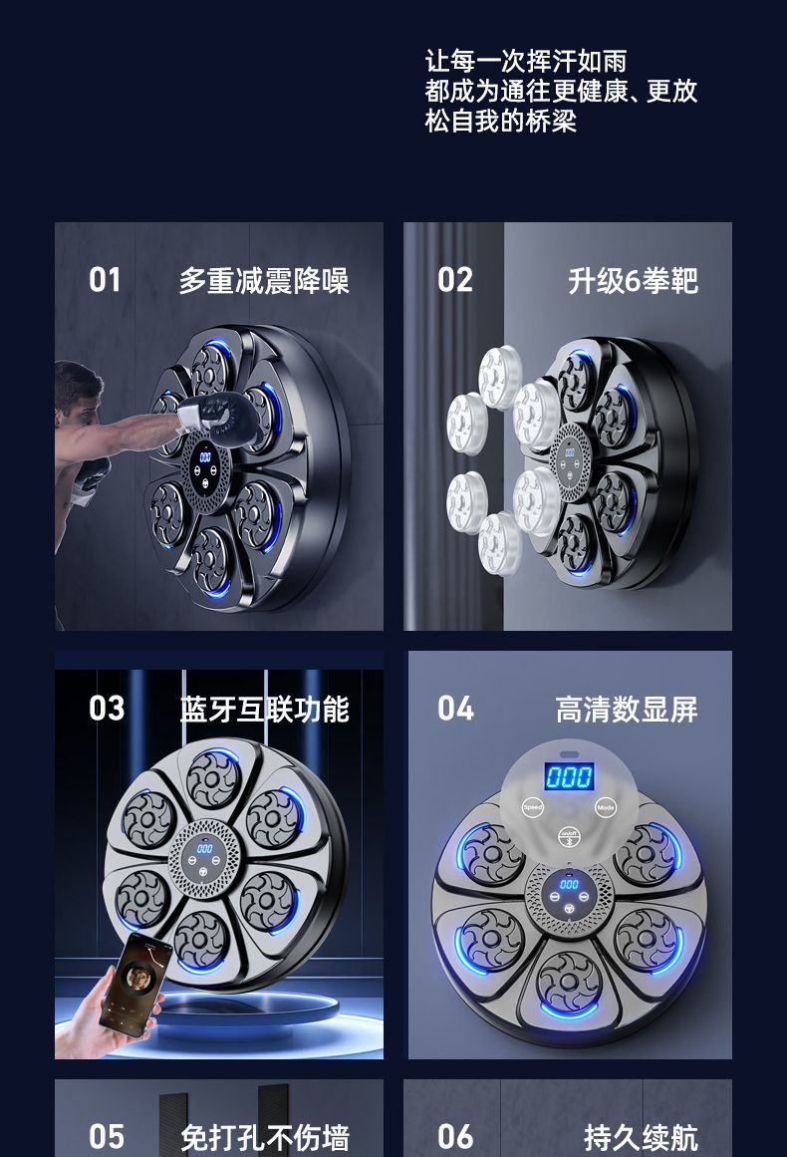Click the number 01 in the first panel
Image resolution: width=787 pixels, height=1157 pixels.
point(105,280)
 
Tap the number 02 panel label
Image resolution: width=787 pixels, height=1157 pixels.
point(454,280)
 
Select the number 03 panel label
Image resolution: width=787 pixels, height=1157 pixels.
point(107,709)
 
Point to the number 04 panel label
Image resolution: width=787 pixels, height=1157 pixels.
point(455,709)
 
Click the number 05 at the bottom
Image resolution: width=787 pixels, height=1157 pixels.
point(107,1136)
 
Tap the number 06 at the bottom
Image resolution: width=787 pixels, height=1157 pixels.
point(455,1136)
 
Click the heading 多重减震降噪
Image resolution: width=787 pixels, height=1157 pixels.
point(263,281)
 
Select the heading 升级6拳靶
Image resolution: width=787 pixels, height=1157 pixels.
point(633,281)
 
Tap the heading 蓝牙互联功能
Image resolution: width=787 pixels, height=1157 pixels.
point(264,710)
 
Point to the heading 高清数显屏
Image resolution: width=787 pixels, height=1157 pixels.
point(627,710)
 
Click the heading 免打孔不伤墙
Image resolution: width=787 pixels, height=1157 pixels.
point(264,1137)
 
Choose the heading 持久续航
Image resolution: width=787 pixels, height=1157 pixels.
point(641,1137)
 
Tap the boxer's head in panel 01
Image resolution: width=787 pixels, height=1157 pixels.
point(77,395)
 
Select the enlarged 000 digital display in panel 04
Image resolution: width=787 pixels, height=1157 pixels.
point(569,776)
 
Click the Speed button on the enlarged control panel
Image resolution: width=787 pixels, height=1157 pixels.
point(533,807)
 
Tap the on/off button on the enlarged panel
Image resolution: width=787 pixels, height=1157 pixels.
point(569,835)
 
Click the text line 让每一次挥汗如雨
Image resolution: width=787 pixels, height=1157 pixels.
point(525,61)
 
